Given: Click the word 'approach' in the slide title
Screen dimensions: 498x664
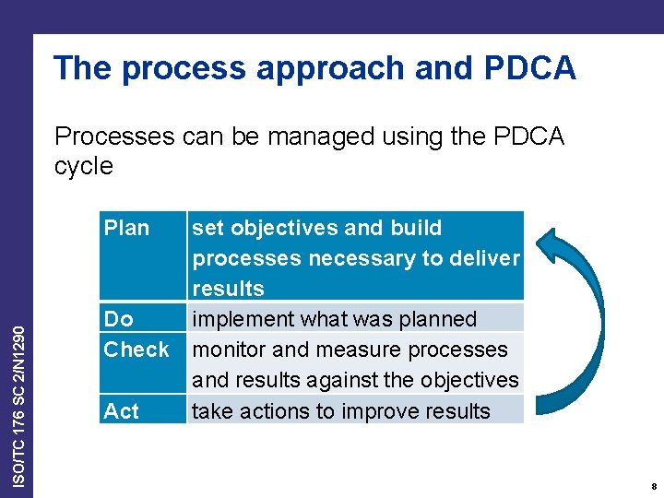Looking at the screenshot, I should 337,69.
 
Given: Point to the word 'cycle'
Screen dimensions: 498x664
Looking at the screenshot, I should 84,167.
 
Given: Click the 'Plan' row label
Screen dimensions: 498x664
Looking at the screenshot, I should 126,228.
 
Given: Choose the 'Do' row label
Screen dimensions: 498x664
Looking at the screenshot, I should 119,319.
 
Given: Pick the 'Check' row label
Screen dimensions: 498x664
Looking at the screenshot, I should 136,350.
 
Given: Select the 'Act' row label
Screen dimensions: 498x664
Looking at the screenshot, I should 122,411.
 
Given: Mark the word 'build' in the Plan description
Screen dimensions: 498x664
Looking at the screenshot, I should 416,228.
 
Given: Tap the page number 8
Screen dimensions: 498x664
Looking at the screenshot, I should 653,486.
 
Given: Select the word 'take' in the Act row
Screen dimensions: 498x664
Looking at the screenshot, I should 212,411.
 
